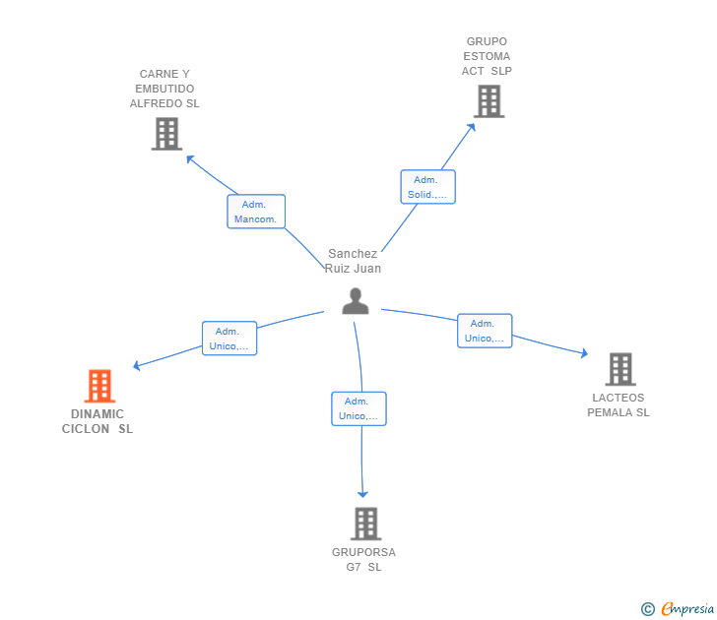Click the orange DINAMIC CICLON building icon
99,386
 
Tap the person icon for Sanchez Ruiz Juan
356,301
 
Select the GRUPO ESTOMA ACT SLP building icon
489,100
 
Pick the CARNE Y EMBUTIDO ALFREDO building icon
166,134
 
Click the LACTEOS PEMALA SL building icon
619,369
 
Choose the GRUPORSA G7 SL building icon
365,524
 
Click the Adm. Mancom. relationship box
256,212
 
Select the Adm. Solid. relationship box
427,187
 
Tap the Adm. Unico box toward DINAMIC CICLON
229,339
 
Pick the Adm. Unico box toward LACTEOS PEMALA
485,331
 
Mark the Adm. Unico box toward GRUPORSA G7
358,408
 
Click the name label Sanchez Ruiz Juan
353,261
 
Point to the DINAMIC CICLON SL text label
98,421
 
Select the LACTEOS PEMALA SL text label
619,405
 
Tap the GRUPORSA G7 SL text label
363,560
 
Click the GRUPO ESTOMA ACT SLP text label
487,56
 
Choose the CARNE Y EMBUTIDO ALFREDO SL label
164,89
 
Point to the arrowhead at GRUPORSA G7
363,493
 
